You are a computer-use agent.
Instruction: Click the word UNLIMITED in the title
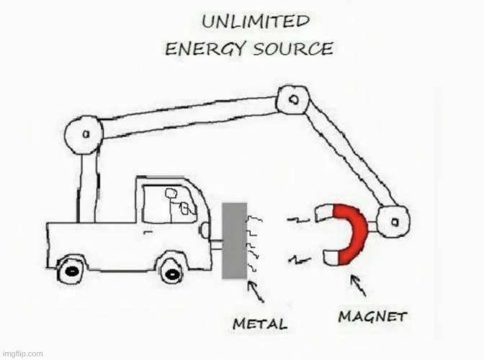(x=255, y=22)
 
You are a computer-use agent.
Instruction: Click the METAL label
(x=259, y=324)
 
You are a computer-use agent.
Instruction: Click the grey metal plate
(x=234, y=240)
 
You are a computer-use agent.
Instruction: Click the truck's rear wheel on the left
(x=71, y=270)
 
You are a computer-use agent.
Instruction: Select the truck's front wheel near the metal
(x=171, y=270)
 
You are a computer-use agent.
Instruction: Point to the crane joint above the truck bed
(x=84, y=135)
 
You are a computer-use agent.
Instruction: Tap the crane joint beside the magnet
(x=393, y=220)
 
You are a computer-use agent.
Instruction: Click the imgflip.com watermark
(x=22, y=354)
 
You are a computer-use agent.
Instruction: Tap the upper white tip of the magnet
(x=325, y=212)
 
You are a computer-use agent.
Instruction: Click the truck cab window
(x=169, y=204)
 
